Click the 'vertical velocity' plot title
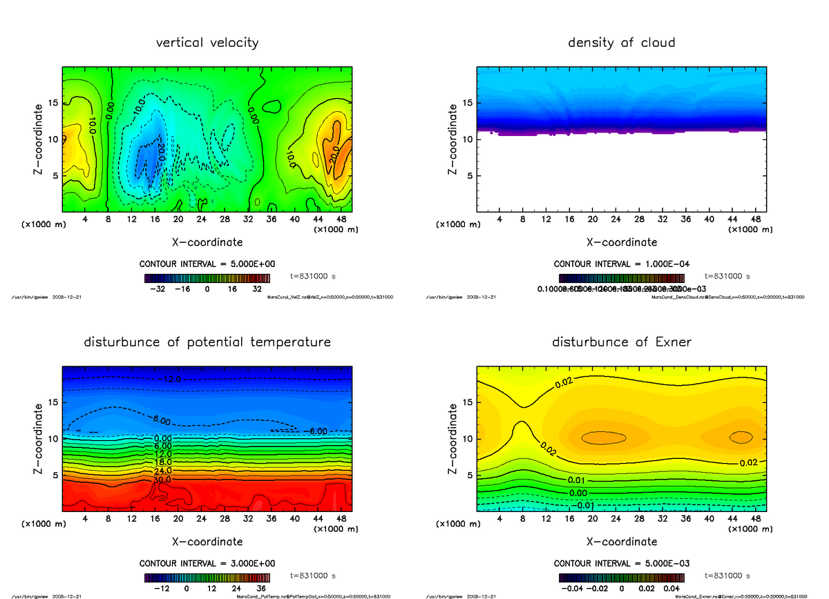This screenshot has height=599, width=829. point(207,43)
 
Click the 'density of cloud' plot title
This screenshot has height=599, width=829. point(621,43)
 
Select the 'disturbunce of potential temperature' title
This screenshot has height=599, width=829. point(207,342)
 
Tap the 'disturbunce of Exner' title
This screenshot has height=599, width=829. point(621,342)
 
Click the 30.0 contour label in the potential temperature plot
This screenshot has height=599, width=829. point(164,479)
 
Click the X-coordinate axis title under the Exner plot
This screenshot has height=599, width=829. point(621,542)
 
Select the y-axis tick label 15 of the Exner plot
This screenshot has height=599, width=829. point(467,402)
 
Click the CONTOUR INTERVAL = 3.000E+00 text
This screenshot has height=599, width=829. point(207,563)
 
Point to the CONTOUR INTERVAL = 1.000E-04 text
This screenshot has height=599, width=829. point(621,264)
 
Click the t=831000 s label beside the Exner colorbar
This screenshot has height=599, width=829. point(727,575)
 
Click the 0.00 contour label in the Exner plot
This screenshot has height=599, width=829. point(578,493)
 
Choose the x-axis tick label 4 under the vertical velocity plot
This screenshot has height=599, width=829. point(85,219)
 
